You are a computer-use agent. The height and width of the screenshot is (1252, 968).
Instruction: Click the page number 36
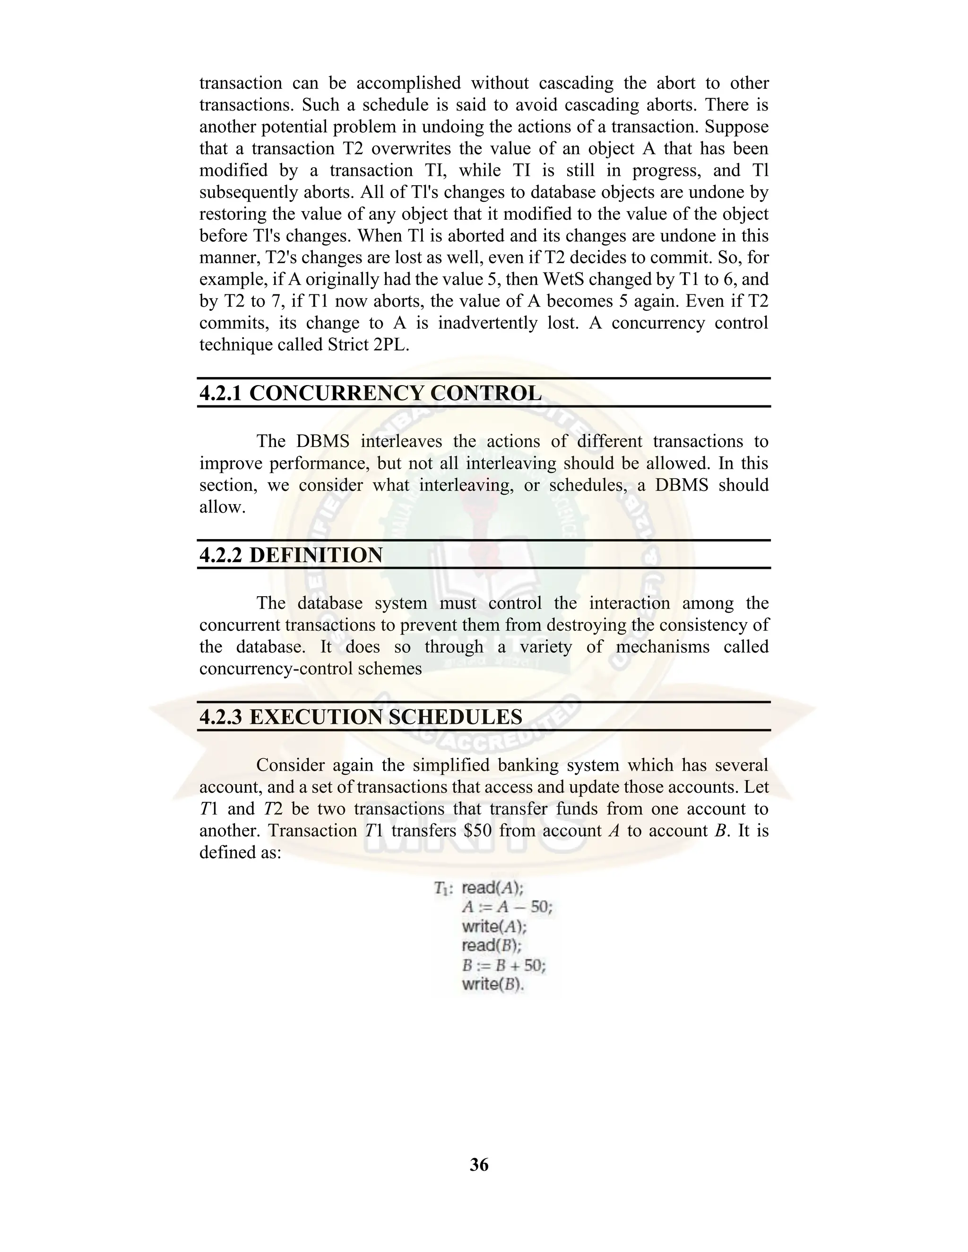[479, 1164]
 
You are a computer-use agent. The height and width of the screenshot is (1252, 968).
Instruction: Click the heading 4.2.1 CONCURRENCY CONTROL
[370, 393]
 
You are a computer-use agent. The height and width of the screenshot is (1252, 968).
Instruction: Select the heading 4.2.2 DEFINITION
[291, 555]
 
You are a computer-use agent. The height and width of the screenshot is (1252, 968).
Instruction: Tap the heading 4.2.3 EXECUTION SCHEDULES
[361, 717]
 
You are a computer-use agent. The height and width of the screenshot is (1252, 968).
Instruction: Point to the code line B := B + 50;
[503, 965]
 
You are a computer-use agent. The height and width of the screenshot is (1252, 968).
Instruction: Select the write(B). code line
[493, 984]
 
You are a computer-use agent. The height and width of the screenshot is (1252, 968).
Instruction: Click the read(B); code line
[492, 945]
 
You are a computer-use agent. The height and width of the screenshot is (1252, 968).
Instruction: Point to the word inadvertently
[487, 323]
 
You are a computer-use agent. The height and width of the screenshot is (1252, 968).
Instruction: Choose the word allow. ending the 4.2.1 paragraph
[223, 507]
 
